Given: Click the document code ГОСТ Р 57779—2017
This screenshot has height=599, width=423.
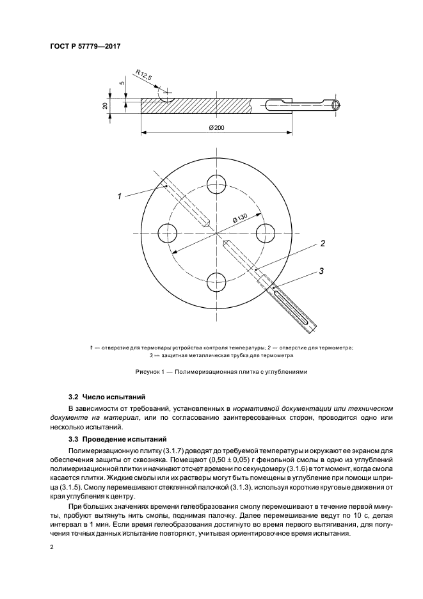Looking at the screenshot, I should click(85, 45).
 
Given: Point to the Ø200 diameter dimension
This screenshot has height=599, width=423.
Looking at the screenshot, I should click(216, 128).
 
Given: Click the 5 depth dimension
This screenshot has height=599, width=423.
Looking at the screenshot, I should click(120, 83).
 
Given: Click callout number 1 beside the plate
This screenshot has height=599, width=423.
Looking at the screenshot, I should click(119, 197).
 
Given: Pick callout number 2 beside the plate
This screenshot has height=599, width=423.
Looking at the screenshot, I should click(323, 243).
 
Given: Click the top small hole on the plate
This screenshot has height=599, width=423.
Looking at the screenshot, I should click(216, 181).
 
